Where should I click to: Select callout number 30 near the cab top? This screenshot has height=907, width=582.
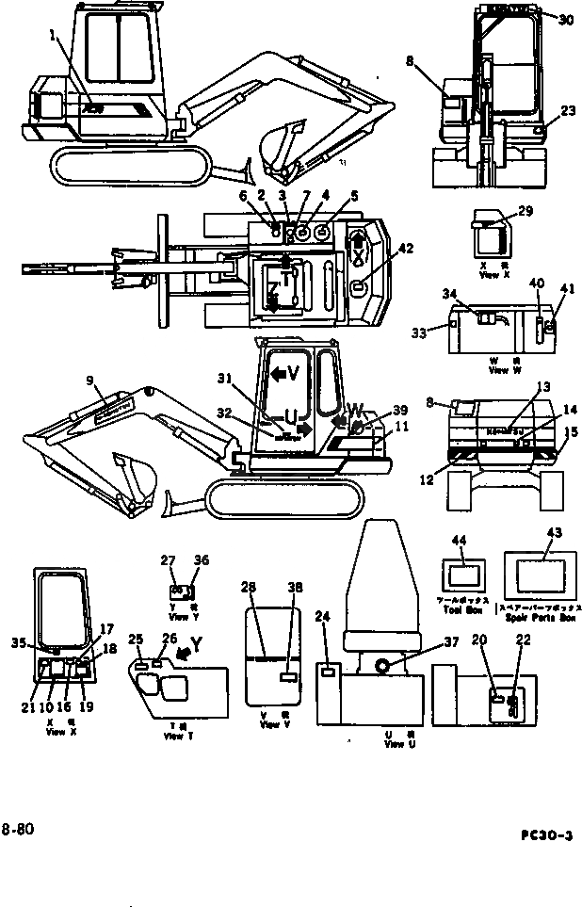tap(564, 20)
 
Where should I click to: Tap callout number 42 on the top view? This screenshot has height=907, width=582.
tap(405, 250)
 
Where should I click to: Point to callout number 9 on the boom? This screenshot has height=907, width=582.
tap(90, 381)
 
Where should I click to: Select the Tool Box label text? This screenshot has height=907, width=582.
tap(463, 608)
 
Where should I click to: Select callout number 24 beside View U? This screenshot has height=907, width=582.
tap(323, 617)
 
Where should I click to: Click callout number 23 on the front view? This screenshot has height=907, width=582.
tap(567, 110)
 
